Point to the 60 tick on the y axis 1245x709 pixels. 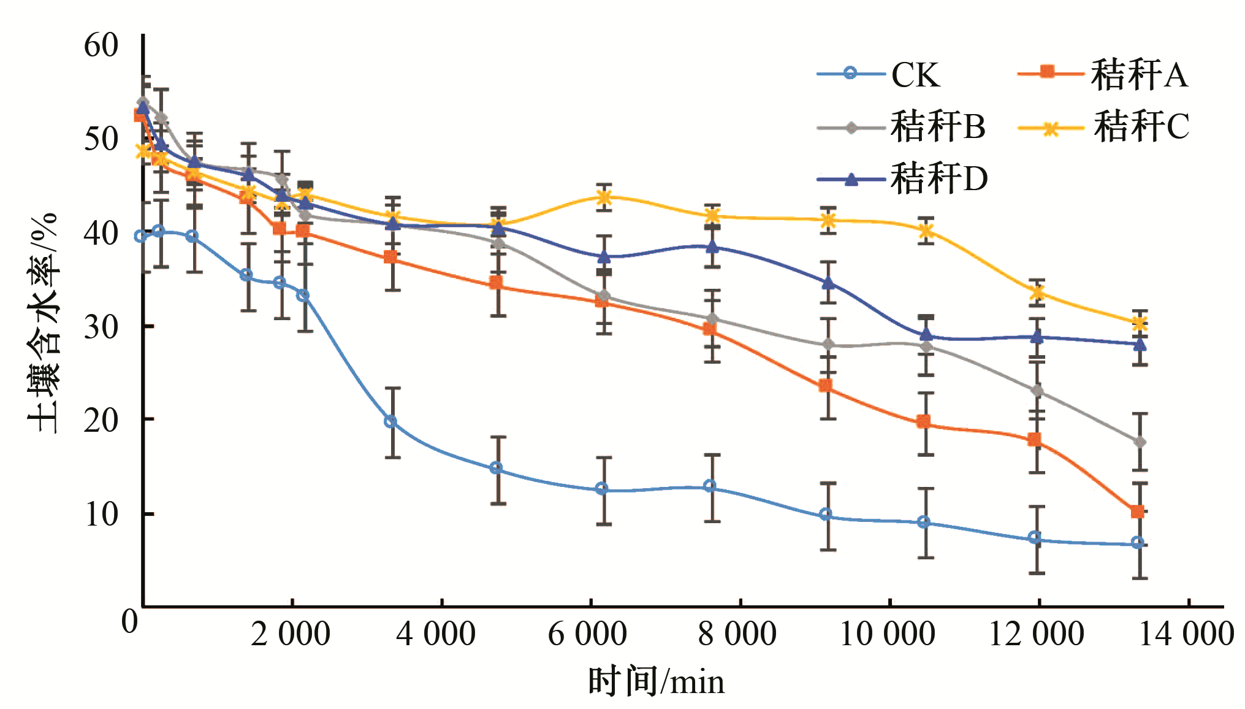pyautogui.click(x=101, y=45)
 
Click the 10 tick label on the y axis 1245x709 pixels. pyautogui.click(x=101, y=514)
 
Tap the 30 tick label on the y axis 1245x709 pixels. pyautogui.click(x=101, y=327)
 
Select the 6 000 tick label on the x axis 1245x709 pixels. pyautogui.click(x=587, y=634)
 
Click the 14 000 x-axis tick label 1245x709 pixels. pyautogui.click(x=1186, y=634)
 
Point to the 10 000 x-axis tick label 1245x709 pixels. pyautogui.click(x=886, y=634)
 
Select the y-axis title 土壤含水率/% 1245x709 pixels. pyautogui.click(x=43, y=323)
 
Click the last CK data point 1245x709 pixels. pyautogui.click(x=1137, y=543)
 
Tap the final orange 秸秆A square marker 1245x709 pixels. pyautogui.click(x=1137, y=512)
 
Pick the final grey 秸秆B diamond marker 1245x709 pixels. pyautogui.click(x=1139, y=442)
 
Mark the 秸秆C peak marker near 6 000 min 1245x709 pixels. pyautogui.click(x=604, y=197)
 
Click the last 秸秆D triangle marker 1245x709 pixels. pyautogui.click(x=1139, y=344)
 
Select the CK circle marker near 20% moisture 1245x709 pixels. pyautogui.click(x=390, y=422)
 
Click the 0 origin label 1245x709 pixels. pyautogui.click(x=129, y=621)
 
